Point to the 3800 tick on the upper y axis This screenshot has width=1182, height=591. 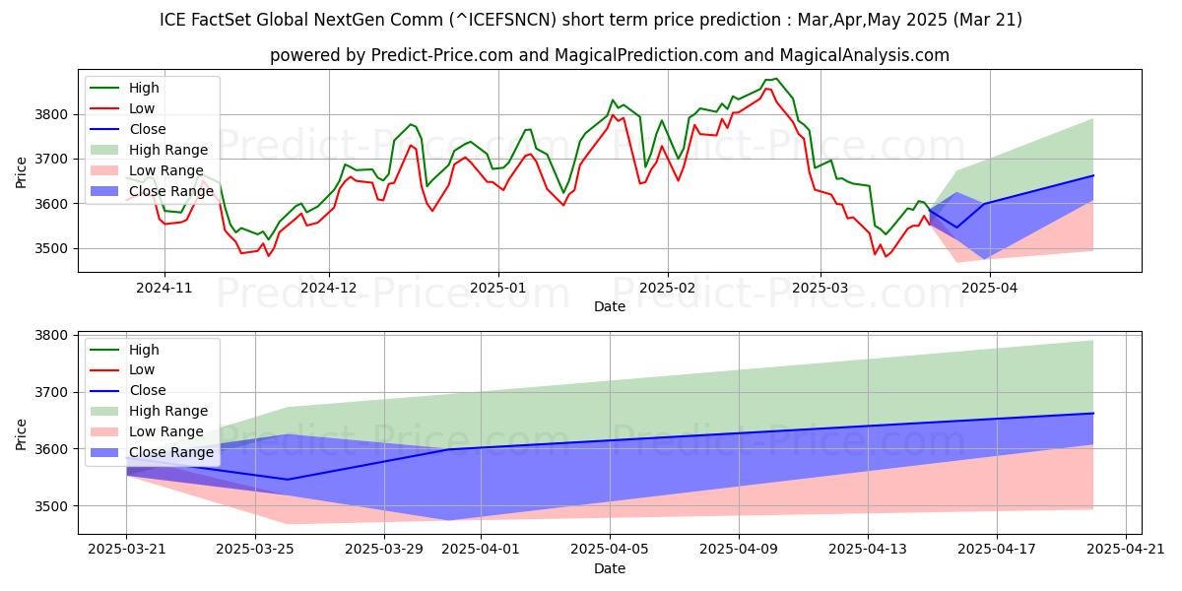(53, 114)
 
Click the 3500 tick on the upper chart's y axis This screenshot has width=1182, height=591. (53, 248)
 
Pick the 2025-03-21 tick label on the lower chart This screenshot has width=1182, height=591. (126, 549)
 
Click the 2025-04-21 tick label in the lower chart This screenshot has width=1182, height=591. (1125, 549)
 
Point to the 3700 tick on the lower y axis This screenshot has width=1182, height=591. (53, 392)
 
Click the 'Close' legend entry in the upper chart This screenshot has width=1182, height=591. (148, 129)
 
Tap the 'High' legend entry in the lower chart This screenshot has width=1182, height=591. (144, 350)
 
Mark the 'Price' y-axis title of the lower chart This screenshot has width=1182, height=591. (22, 433)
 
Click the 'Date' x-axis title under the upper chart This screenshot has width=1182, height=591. (609, 306)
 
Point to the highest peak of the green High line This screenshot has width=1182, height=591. (775, 78)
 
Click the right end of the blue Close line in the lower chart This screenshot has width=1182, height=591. (1093, 413)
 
